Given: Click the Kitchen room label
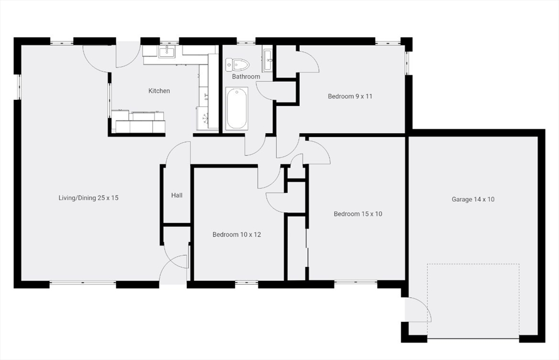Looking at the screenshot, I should click(x=159, y=91).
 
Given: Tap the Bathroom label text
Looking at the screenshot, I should click(x=246, y=77).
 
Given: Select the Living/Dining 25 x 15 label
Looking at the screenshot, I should click(x=88, y=197).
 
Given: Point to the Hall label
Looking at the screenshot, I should click(x=177, y=195).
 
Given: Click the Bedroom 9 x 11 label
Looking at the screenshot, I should click(x=350, y=97).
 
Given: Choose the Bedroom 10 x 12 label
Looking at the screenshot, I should click(x=236, y=235).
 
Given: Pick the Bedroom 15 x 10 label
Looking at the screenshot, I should click(x=358, y=214).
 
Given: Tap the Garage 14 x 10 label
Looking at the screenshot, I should click(x=473, y=199).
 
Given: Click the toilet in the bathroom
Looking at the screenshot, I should click(x=237, y=65).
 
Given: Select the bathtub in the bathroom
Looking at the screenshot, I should click(x=237, y=108).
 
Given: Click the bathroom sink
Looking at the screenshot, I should click(x=267, y=60).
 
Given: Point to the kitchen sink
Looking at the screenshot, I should click(x=166, y=52).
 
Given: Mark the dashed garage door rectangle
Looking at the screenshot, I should click(x=473, y=300).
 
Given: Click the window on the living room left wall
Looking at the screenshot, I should click(x=18, y=86).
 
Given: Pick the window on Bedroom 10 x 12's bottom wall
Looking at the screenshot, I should click(x=246, y=283).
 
